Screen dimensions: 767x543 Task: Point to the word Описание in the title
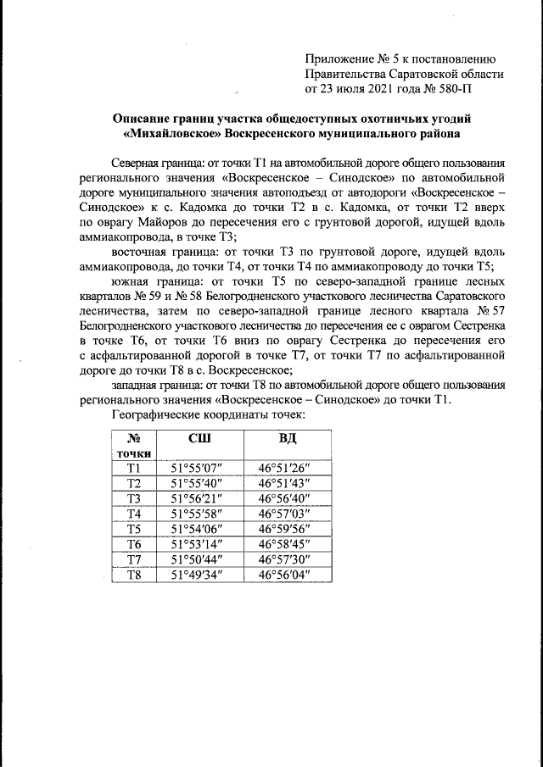(x=146, y=119)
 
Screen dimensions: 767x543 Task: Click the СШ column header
(x=199, y=438)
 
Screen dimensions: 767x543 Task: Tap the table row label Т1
(x=134, y=468)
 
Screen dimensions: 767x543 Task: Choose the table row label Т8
(x=134, y=575)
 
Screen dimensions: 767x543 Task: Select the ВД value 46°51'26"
(x=285, y=468)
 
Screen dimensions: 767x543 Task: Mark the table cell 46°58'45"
(x=285, y=544)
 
